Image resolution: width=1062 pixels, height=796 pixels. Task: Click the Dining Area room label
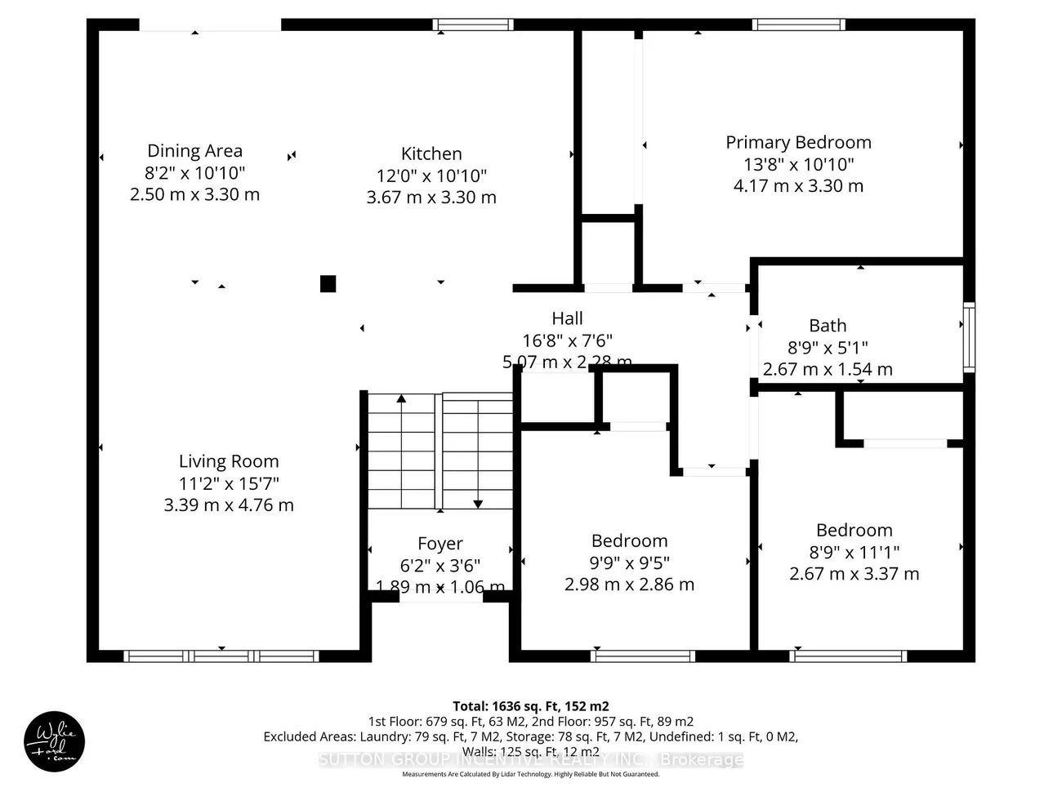(x=194, y=151)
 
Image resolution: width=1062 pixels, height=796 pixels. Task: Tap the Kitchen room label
(x=431, y=153)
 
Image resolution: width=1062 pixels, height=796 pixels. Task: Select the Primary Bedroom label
(x=798, y=142)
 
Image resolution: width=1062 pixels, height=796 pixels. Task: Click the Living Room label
(x=229, y=461)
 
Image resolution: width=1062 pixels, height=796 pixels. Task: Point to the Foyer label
(x=440, y=544)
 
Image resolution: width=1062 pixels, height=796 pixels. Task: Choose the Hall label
(x=567, y=318)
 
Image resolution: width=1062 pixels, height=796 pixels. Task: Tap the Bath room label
(x=828, y=326)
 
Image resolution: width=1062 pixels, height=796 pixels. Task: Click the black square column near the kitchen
(x=328, y=283)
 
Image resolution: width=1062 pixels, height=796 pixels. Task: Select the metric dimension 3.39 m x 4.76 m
(x=229, y=505)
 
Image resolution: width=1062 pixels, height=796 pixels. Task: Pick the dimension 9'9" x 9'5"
(x=629, y=563)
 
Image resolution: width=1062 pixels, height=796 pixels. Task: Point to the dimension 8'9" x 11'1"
(x=854, y=552)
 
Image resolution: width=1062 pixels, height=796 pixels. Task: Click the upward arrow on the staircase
(x=401, y=400)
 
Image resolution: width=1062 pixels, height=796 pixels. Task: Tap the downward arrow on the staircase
(x=478, y=503)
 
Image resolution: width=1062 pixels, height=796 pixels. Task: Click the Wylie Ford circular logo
(x=54, y=742)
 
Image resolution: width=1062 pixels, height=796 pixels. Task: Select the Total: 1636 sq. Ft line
(x=531, y=706)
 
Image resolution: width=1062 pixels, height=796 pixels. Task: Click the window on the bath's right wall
(x=969, y=336)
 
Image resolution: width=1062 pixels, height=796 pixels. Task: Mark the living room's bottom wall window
(x=221, y=656)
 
